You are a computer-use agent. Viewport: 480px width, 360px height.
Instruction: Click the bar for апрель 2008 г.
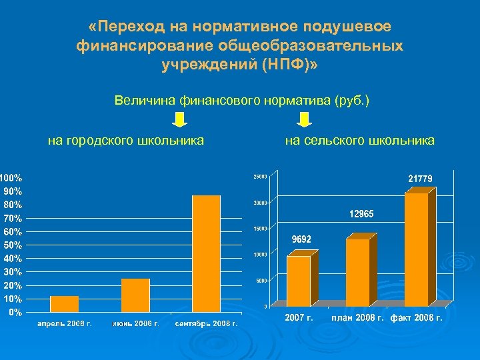point(65,304)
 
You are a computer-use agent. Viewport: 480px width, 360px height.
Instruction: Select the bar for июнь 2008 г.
point(135,295)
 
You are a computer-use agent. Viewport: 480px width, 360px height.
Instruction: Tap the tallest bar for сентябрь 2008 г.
point(206,253)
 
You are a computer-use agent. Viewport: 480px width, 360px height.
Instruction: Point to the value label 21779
point(420,179)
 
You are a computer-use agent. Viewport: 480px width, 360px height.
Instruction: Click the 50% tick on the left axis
point(11,245)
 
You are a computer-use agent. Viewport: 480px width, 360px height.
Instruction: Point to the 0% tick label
point(13,312)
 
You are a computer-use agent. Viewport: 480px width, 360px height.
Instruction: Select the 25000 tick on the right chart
point(259,177)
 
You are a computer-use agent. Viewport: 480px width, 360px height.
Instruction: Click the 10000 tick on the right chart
point(259,255)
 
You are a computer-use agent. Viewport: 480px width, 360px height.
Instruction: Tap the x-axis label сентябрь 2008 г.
point(206,323)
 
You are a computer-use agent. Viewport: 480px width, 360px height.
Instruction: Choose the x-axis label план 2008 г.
point(357,317)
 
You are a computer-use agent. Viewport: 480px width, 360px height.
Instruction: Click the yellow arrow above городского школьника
point(179,120)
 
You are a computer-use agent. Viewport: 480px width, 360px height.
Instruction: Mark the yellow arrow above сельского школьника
point(304,120)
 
